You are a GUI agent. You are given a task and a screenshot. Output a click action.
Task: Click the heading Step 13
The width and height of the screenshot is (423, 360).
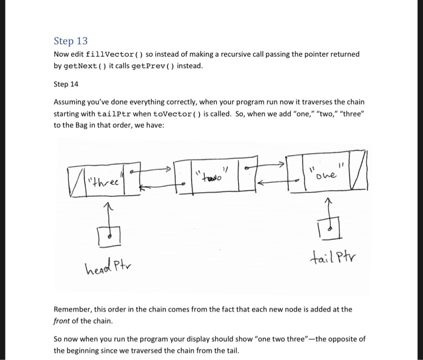(x=71, y=41)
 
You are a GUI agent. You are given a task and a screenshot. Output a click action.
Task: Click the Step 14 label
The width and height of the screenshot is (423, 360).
(x=66, y=84)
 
